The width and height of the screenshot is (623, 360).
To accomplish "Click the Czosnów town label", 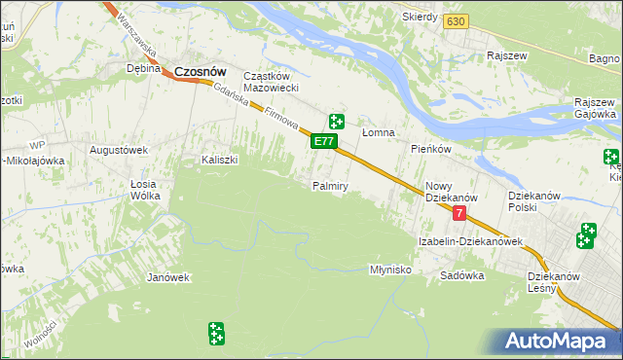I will coord(201,70).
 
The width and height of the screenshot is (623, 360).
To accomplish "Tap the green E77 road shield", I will coord(324,142).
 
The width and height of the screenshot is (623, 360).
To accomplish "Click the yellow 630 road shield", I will coord(454,21).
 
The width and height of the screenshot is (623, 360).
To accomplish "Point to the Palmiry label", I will coord(330,186).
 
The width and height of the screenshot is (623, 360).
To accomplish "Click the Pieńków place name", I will coord(429,149).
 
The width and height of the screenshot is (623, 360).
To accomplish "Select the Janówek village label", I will coord(167,277).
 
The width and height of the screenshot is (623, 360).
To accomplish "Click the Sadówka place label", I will coord(461,275).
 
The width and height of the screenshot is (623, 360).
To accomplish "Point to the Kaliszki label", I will coord(219,160).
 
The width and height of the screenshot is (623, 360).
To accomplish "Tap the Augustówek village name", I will coord(118,150).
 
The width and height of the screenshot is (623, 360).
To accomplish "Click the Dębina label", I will coord(143,69).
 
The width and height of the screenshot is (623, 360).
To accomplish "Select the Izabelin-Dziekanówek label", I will coord(471,241).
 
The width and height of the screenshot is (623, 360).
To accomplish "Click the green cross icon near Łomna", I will coord(337,122).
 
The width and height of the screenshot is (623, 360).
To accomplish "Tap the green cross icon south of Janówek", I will coord(216,334).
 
